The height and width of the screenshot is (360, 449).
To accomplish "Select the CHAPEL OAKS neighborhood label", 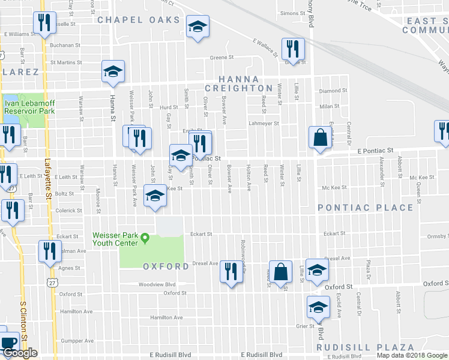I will tap(139, 20).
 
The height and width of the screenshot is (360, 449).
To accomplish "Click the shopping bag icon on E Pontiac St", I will tap(320, 137).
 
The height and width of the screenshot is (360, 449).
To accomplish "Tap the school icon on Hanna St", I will tap(112, 71).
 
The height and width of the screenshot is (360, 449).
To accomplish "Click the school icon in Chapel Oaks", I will tap(196, 26).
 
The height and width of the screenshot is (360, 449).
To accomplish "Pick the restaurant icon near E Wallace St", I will tap(292, 49).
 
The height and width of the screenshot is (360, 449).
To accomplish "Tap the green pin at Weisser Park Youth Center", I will tap(145, 239).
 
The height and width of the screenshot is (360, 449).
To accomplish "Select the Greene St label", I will tap(221, 58).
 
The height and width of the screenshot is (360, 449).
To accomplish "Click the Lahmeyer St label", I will tap(264, 124).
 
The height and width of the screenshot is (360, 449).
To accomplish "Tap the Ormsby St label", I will tap(434, 236).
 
